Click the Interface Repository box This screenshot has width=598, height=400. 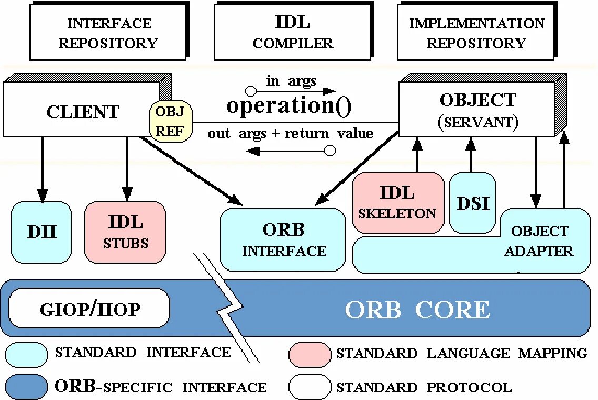(108, 32)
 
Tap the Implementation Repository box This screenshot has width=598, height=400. (476, 32)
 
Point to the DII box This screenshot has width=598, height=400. (42, 232)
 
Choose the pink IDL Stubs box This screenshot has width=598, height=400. (125, 232)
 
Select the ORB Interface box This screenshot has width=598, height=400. (283, 240)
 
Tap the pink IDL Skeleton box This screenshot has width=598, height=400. (398, 203)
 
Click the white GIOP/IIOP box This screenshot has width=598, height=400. (89, 308)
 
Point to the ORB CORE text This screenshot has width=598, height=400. (417, 309)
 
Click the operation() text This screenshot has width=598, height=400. (288, 106)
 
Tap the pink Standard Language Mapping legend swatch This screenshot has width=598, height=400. (310, 354)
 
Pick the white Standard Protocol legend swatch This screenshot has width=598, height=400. (310, 387)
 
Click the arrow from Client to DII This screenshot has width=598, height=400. (42, 168)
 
